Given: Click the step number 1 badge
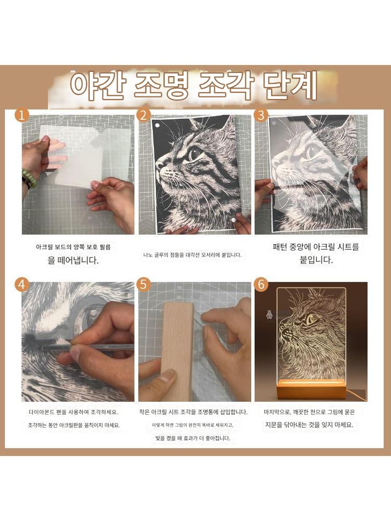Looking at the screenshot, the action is tap(21, 116).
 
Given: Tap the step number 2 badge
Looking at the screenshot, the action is tap(144, 116).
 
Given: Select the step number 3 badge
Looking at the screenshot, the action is tap(261, 116).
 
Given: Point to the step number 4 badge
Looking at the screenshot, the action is tap(21, 285).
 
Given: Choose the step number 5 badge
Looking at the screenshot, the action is tap(144, 285).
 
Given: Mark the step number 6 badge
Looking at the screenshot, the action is tap(261, 285).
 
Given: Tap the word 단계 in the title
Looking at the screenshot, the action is tap(289, 86).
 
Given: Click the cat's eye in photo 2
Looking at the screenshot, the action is tap(195, 153).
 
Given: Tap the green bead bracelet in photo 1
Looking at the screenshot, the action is tap(29, 178).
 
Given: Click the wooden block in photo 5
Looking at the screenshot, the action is tap(178, 352).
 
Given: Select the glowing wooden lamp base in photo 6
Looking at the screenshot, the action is tap(311, 389).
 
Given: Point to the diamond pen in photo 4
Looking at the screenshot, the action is tap(87, 346).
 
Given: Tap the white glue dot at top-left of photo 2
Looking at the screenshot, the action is tap(157, 126).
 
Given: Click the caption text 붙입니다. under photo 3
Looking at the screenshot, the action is tap(316, 260).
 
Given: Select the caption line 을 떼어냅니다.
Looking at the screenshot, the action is tap(74, 260).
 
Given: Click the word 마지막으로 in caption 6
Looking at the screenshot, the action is tap(277, 412).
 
